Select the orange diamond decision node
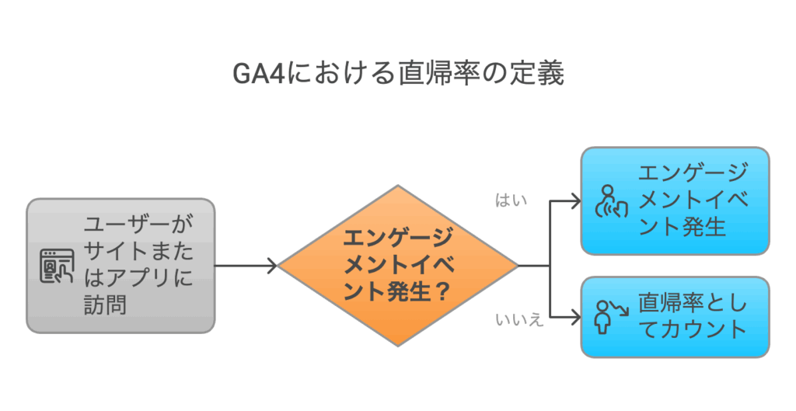[398, 266]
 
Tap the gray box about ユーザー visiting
[120, 265]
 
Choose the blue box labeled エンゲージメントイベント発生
[675, 200]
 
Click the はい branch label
[511, 200]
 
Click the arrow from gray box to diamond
[245, 266]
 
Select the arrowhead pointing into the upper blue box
[575, 201]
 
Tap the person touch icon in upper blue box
[610, 200]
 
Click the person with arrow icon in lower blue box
[610, 317]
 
